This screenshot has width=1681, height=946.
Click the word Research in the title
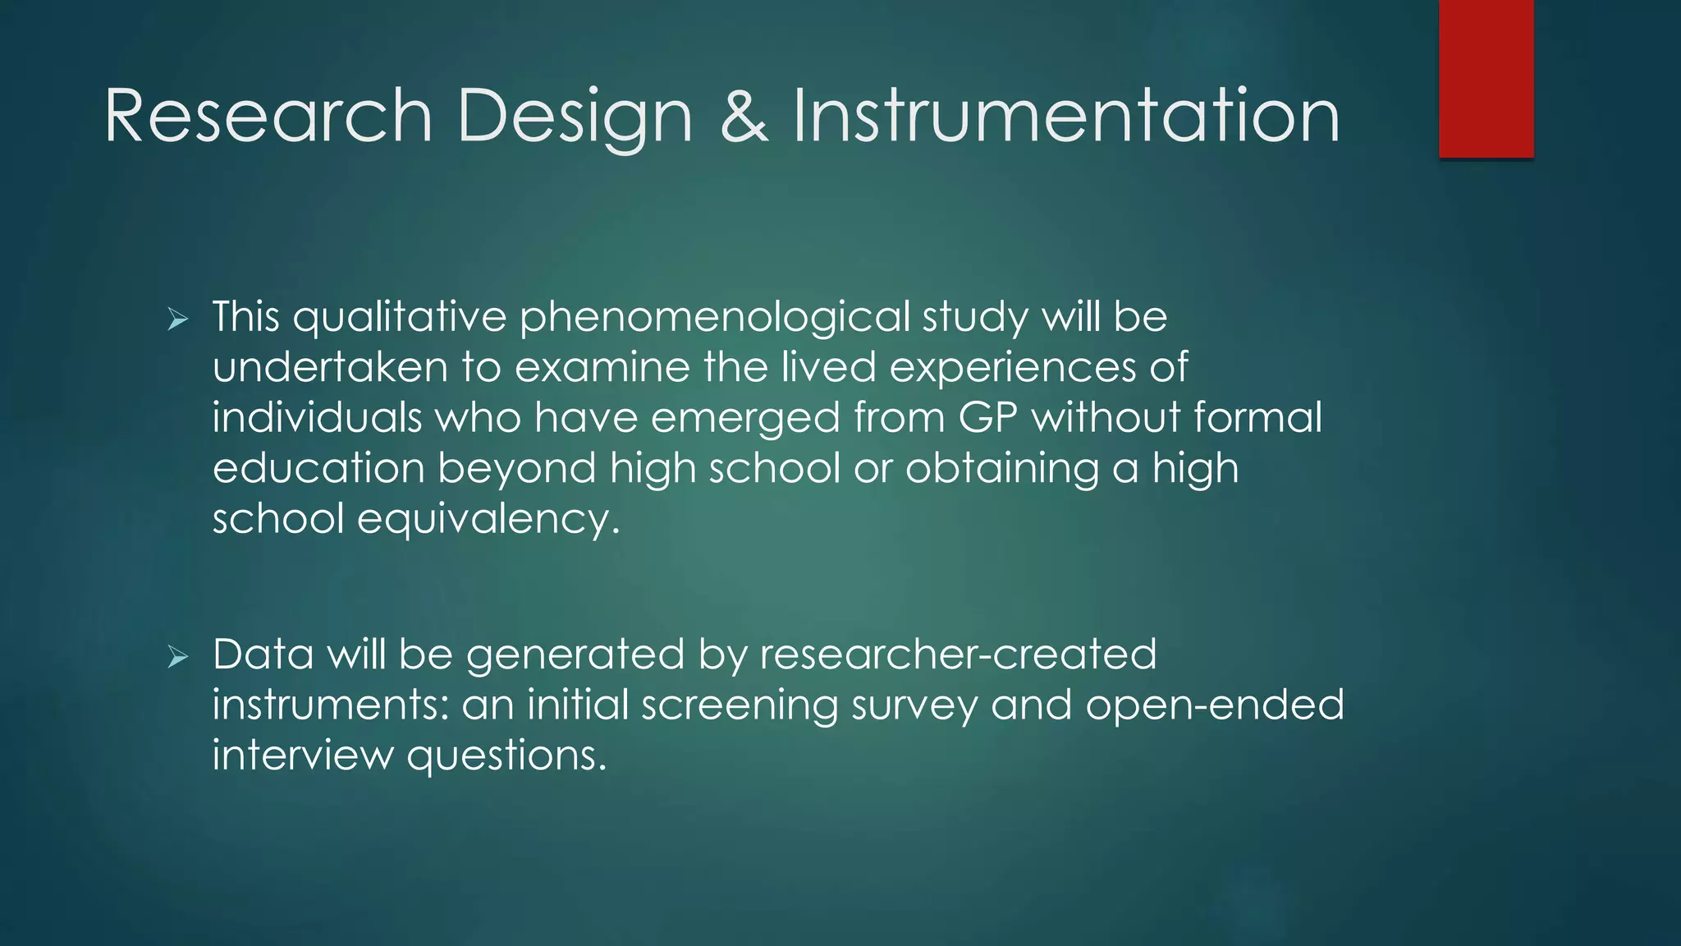[x=268, y=117]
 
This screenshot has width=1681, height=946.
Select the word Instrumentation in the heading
[x=1065, y=117]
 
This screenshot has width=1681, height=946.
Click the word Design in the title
[x=575, y=117]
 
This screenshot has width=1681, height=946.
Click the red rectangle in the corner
[x=1486, y=78]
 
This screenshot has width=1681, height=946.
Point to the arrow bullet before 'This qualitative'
[x=177, y=319]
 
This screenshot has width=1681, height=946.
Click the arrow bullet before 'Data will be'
[x=177, y=657]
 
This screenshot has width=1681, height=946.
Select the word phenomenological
[x=714, y=318]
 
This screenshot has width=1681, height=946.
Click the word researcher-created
[x=958, y=655]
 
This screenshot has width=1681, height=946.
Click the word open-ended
[x=1215, y=706]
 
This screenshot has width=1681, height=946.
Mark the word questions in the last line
[x=506, y=756]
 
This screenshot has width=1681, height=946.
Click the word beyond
[x=516, y=469]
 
